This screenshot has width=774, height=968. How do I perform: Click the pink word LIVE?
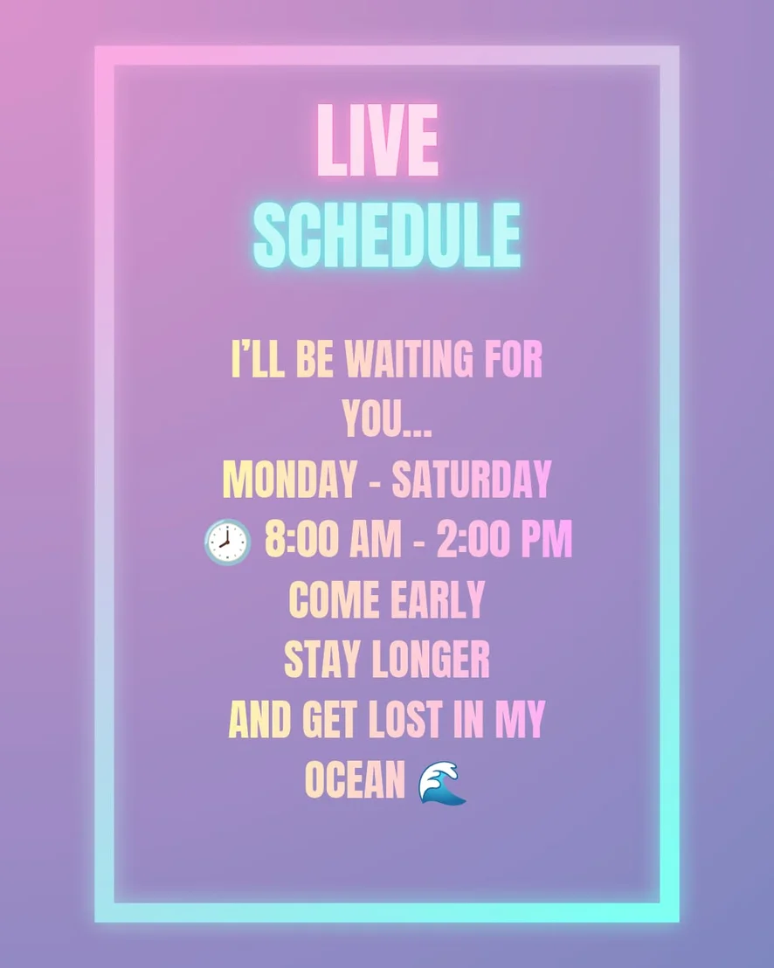click(377, 140)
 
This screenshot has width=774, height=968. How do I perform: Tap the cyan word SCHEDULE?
click(387, 235)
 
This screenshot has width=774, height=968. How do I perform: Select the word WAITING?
click(409, 359)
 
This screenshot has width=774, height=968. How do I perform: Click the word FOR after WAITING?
click(514, 359)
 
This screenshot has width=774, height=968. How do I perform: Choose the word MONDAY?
click(289, 479)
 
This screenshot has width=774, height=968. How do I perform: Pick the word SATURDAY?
click(471, 479)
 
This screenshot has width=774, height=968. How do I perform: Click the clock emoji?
click(227, 542)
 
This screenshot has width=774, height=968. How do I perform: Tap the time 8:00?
click(302, 539)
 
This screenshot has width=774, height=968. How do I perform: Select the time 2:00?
click(473, 539)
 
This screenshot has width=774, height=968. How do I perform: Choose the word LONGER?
click(430, 659)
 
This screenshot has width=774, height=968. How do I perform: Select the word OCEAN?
click(355, 779)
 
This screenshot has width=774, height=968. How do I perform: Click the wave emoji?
click(442, 783)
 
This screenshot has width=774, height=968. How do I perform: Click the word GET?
click(329, 719)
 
